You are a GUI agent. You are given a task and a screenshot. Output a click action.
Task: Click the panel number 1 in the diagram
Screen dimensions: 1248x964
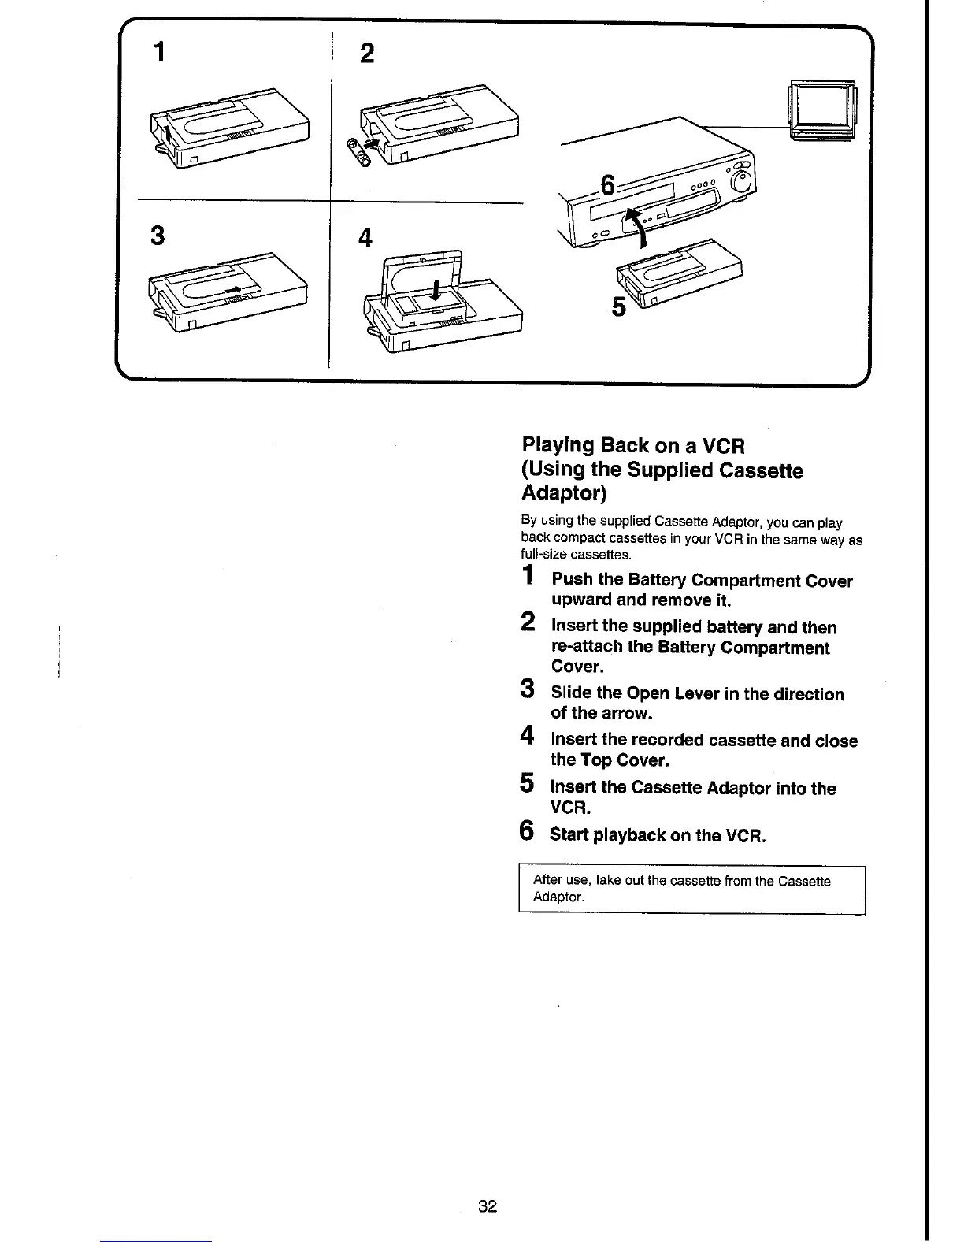161,52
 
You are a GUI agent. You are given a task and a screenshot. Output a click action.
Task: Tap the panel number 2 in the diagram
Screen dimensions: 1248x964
366,54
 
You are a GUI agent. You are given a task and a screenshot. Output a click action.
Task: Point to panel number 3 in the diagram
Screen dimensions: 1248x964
158,235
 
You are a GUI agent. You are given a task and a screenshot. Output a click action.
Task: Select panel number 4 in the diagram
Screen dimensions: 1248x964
365,237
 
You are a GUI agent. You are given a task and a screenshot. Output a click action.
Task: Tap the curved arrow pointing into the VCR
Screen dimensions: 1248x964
635,224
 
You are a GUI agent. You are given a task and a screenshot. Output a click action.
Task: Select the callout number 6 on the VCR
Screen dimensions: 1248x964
606,186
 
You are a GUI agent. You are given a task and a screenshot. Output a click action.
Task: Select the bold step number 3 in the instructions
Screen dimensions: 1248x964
528,689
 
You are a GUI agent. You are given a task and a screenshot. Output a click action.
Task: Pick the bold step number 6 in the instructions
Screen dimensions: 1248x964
528,830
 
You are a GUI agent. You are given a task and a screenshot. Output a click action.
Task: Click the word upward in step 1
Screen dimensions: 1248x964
581,600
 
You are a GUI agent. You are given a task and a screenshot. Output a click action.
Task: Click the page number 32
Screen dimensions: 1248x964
488,1205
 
